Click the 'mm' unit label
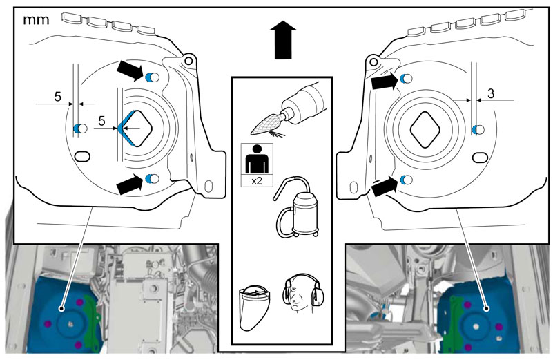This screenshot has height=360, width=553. (x=36, y=20)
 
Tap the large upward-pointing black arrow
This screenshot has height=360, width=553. (x=283, y=39)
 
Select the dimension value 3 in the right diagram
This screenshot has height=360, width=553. (x=491, y=93)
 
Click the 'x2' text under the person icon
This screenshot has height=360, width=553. (x=257, y=181)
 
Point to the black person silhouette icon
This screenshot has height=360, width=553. (x=257, y=159)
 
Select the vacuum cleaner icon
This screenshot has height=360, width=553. (x=296, y=207)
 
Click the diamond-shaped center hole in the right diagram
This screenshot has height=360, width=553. (x=425, y=129)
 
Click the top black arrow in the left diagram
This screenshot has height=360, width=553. (x=130, y=70)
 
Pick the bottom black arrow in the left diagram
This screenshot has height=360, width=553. (x=130, y=184)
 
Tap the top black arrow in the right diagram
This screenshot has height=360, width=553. (x=385, y=82)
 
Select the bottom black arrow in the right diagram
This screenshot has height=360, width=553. (x=385, y=186)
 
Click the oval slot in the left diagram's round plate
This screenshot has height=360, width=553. (x=83, y=156)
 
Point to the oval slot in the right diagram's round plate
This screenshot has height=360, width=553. (x=480, y=158)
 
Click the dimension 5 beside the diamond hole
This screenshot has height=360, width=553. (x=101, y=121)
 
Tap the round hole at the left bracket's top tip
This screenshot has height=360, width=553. (x=188, y=61)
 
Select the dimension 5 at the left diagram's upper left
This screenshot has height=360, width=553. (x=58, y=96)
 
